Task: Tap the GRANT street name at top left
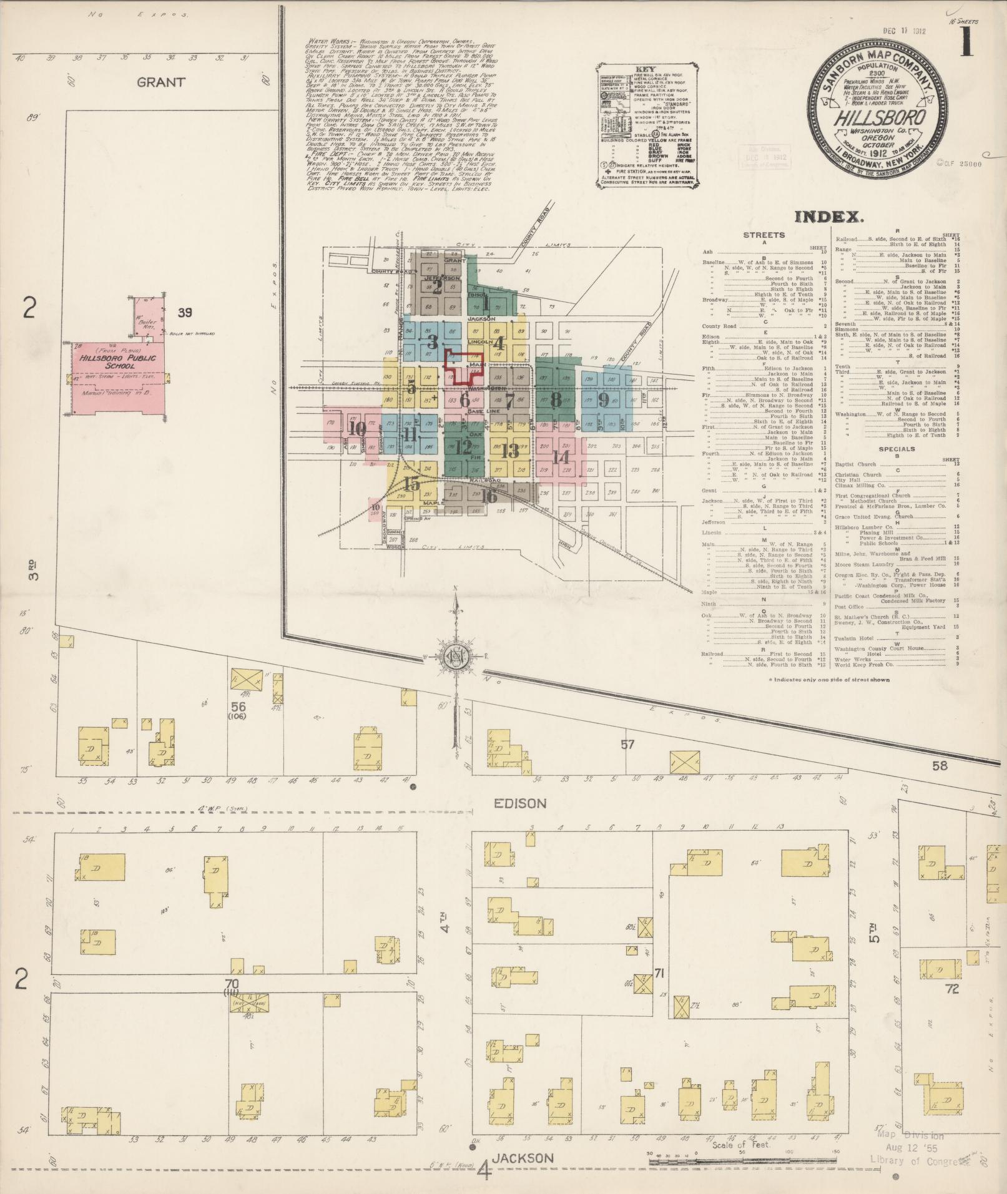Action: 161,82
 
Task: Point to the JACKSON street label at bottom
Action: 523,1158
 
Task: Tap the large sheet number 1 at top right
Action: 965,43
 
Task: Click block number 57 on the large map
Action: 627,744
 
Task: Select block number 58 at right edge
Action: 940,765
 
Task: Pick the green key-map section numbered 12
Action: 464,447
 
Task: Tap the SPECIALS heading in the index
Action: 896,449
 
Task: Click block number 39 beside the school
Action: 184,313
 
